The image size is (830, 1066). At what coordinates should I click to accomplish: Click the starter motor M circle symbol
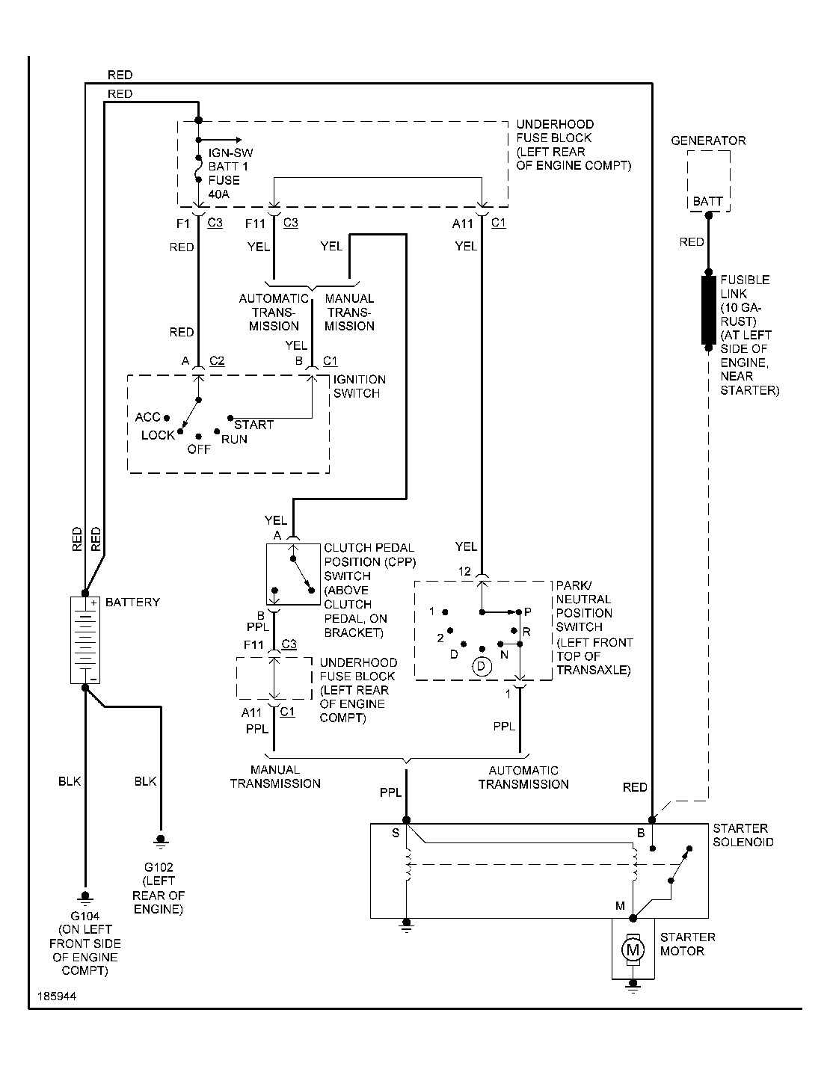(633, 950)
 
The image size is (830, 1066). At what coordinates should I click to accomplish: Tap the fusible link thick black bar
(708, 310)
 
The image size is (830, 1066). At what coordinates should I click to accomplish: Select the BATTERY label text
(132, 603)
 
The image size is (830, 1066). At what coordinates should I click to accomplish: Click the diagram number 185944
(55, 997)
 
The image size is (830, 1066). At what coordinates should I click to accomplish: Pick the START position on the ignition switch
(254, 425)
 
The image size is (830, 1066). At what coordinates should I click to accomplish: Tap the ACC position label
(148, 417)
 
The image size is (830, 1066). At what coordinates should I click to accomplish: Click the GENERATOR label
(708, 141)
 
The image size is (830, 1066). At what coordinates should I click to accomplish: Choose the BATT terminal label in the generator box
(708, 201)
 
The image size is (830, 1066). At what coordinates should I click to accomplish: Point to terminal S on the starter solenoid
(396, 833)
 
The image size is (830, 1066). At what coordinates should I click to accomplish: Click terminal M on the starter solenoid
(620, 906)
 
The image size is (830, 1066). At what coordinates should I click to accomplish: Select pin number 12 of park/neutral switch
(465, 572)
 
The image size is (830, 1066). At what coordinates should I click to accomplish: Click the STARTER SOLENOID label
(743, 835)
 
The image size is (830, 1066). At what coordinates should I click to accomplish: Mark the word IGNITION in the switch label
(360, 379)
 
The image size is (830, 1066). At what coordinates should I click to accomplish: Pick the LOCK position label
(158, 435)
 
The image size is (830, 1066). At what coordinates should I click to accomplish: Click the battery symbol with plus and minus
(84, 640)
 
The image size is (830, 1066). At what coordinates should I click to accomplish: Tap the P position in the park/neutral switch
(526, 611)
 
